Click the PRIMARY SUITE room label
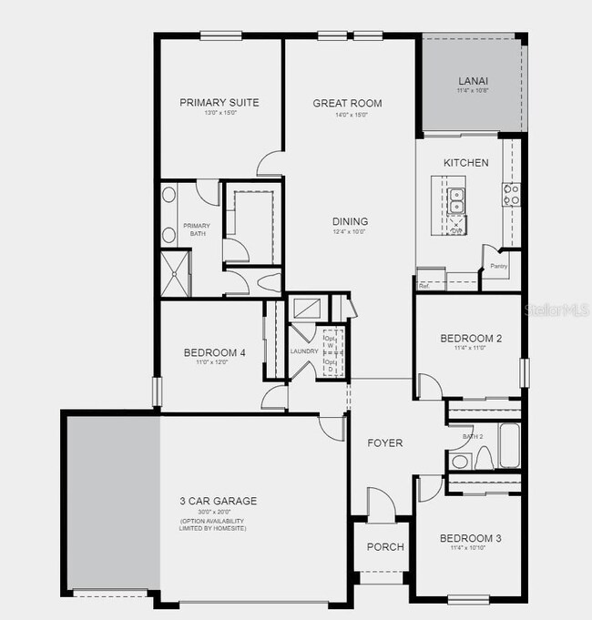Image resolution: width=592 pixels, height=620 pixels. pyautogui.click(x=219, y=103)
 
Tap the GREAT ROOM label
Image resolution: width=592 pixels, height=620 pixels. pyautogui.click(x=347, y=103)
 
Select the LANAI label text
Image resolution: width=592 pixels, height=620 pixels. pyautogui.click(x=474, y=80)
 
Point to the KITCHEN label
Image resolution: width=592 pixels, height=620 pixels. pyautogui.click(x=466, y=163)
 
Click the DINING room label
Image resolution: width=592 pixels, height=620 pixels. pyautogui.click(x=350, y=221)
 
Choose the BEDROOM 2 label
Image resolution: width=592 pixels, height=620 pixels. pyautogui.click(x=472, y=338)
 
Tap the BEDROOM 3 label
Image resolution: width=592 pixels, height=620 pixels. pyautogui.click(x=471, y=538)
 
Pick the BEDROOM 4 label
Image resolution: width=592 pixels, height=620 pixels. pyautogui.click(x=214, y=353)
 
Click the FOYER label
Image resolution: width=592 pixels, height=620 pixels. pyautogui.click(x=385, y=443)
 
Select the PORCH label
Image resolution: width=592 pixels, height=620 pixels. pyautogui.click(x=385, y=547)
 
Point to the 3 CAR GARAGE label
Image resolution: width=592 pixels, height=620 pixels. pyautogui.click(x=218, y=501)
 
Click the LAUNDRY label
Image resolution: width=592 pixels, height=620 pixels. pyautogui.click(x=304, y=351)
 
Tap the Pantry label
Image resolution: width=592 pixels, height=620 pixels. pyautogui.click(x=498, y=267)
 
